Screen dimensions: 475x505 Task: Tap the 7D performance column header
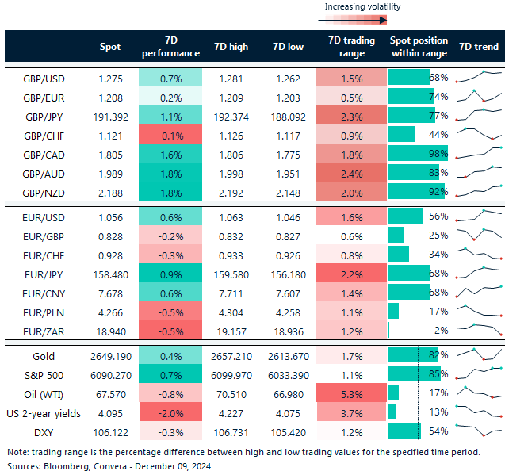(x=170, y=47)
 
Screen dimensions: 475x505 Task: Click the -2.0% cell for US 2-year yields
(x=170, y=412)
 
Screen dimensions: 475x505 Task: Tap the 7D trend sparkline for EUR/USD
(x=480, y=216)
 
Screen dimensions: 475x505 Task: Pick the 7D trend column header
(x=479, y=47)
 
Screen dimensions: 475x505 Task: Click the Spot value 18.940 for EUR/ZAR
(x=110, y=331)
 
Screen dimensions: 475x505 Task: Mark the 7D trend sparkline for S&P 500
(x=480, y=375)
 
